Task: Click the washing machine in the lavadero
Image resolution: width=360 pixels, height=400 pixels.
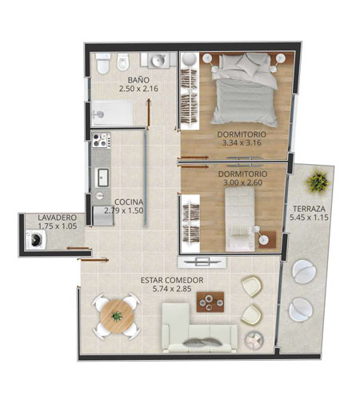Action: pyautogui.click(x=36, y=240)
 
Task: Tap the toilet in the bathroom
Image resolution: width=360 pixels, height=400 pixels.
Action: pyautogui.click(x=103, y=64)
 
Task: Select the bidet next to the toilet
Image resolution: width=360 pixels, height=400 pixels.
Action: pyautogui.click(x=123, y=62)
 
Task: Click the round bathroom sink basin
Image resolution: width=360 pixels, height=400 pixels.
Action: pyautogui.click(x=159, y=60)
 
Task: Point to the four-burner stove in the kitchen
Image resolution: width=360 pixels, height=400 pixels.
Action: pyautogui.click(x=101, y=140)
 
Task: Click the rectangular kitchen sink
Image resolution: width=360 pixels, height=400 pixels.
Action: pyautogui.click(x=103, y=178)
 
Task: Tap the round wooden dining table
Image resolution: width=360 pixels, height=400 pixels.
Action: pyautogui.click(x=117, y=316)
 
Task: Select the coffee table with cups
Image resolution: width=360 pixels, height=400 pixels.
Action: pyautogui.click(x=210, y=302)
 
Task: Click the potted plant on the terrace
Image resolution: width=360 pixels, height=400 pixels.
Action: pyautogui.click(x=318, y=182)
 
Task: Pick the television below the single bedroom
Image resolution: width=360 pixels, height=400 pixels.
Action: pyautogui.click(x=202, y=262)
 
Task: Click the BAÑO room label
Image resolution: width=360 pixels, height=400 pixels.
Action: pyautogui.click(x=138, y=80)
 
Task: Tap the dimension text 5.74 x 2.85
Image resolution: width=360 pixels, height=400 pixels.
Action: pyautogui.click(x=172, y=289)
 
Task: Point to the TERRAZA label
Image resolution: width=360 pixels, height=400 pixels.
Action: pyautogui.click(x=309, y=209)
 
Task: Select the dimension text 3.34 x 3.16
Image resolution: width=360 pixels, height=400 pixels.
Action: pyautogui.click(x=242, y=142)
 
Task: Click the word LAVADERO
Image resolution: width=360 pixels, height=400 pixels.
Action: pyautogui.click(x=58, y=218)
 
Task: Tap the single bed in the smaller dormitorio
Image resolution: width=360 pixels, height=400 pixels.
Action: pyautogui.click(x=240, y=219)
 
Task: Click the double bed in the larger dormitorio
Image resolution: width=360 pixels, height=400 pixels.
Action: pyautogui.click(x=245, y=90)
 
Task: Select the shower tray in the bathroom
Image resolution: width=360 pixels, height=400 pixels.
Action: pyautogui.click(x=112, y=113)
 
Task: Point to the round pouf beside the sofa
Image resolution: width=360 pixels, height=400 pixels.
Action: pyautogui.click(x=254, y=340)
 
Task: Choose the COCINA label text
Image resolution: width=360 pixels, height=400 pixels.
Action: pyautogui.click(x=129, y=202)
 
